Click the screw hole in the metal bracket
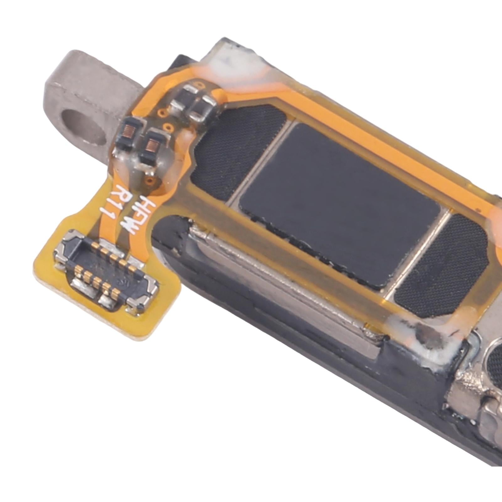point(84,125)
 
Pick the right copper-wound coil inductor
point(153,147)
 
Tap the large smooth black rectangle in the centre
point(339,204)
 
